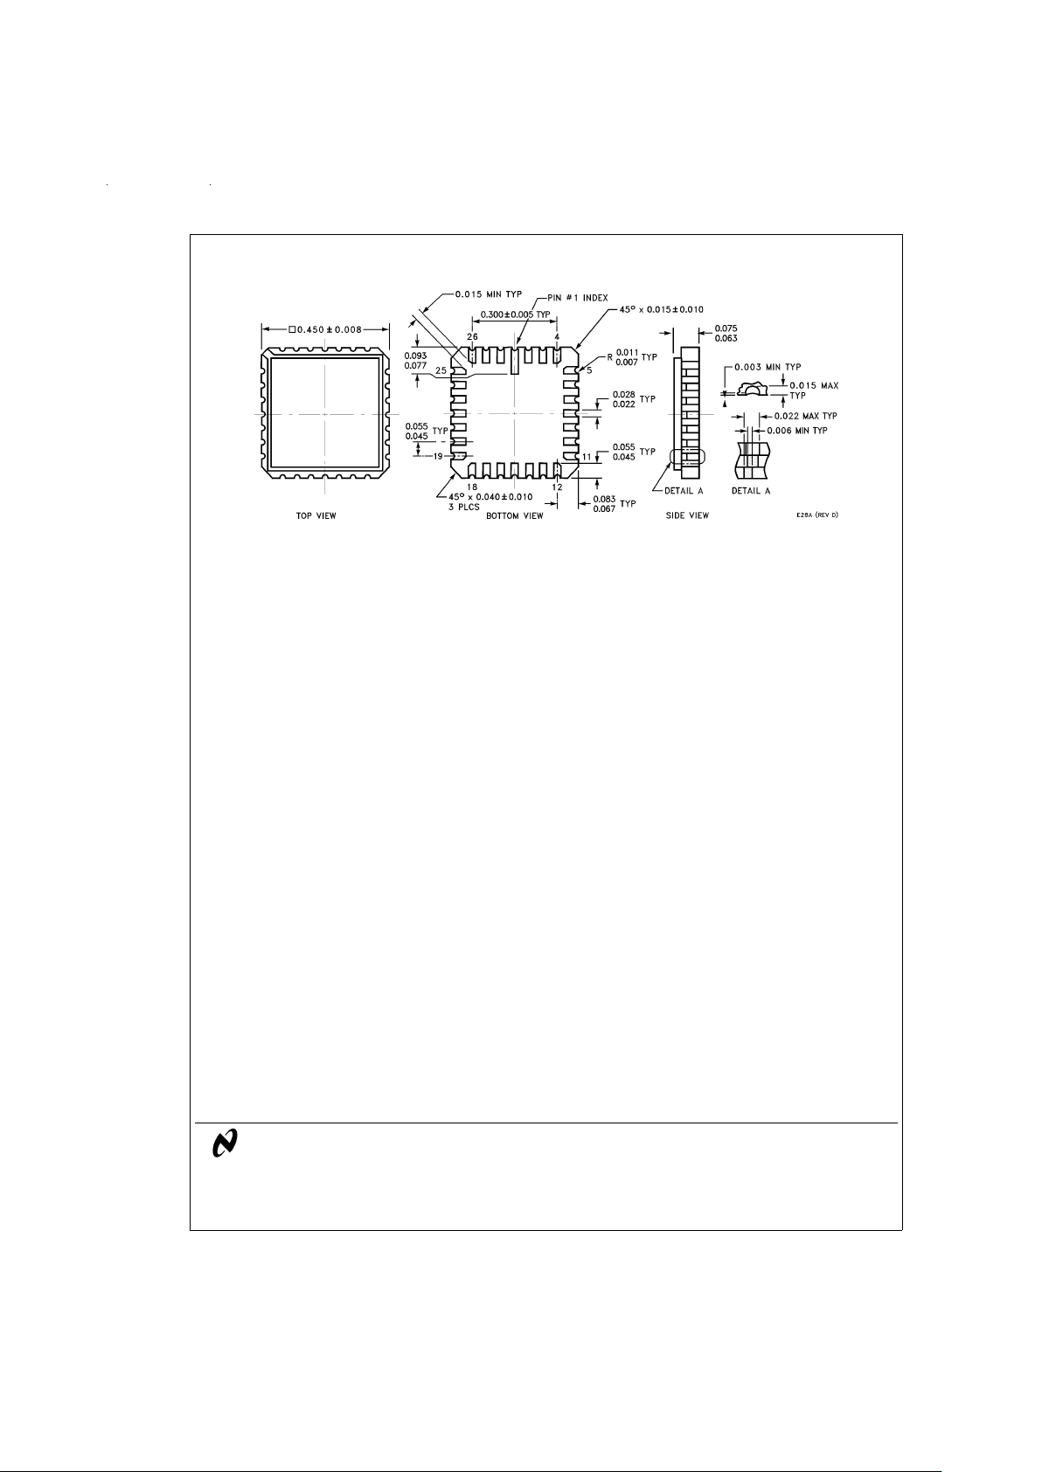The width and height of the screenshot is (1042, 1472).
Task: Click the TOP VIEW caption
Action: click(x=316, y=516)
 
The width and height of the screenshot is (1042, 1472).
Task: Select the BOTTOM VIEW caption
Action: click(x=514, y=516)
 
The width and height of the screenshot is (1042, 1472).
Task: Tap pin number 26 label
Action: click(x=472, y=336)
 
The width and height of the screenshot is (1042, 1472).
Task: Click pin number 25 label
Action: click(x=441, y=370)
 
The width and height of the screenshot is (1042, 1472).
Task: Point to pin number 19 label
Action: click(x=440, y=456)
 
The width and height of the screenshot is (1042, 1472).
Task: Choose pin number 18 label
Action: click(x=472, y=487)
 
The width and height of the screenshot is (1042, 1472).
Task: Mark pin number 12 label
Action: click(x=557, y=487)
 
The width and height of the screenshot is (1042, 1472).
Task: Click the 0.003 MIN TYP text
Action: click(x=768, y=367)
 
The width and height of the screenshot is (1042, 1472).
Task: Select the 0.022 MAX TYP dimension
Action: click(x=805, y=416)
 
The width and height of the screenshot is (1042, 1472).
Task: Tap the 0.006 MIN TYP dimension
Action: click(x=796, y=431)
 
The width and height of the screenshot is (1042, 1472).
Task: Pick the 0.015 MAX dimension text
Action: click(x=813, y=385)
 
